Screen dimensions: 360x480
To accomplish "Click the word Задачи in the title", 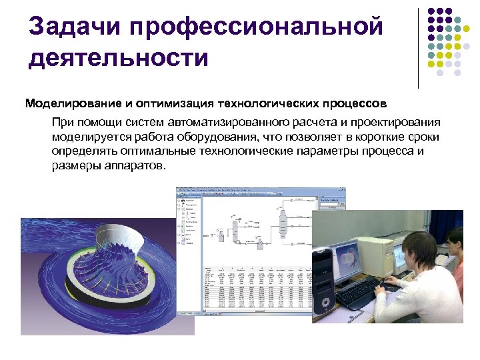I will pos(74,28).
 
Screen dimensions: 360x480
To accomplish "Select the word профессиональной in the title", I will pos(257,28).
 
